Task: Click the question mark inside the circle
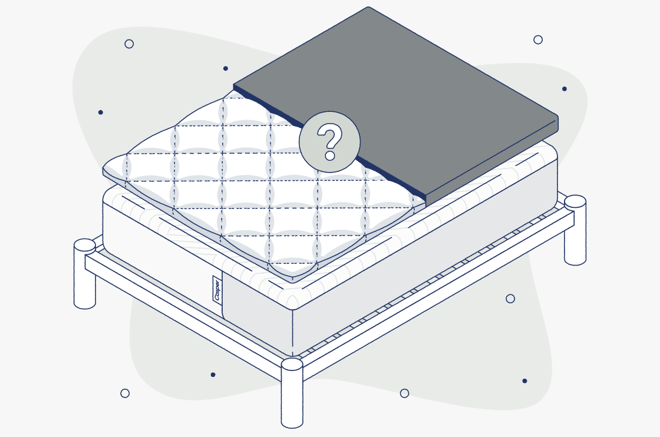click(329, 141)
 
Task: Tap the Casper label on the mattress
click(217, 289)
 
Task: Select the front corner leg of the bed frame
click(292, 393)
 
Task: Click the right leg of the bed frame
click(575, 230)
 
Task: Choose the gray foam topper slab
click(395, 105)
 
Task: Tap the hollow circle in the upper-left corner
click(129, 44)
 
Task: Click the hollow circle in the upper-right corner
click(538, 39)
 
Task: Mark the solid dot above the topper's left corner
click(226, 68)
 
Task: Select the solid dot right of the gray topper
click(565, 89)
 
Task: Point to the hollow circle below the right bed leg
click(510, 299)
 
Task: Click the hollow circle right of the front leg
click(404, 393)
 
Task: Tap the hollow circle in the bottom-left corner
click(125, 393)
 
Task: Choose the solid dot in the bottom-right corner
click(524, 380)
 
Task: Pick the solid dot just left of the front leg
click(213, 375)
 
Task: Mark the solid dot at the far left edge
click(101, 112)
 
